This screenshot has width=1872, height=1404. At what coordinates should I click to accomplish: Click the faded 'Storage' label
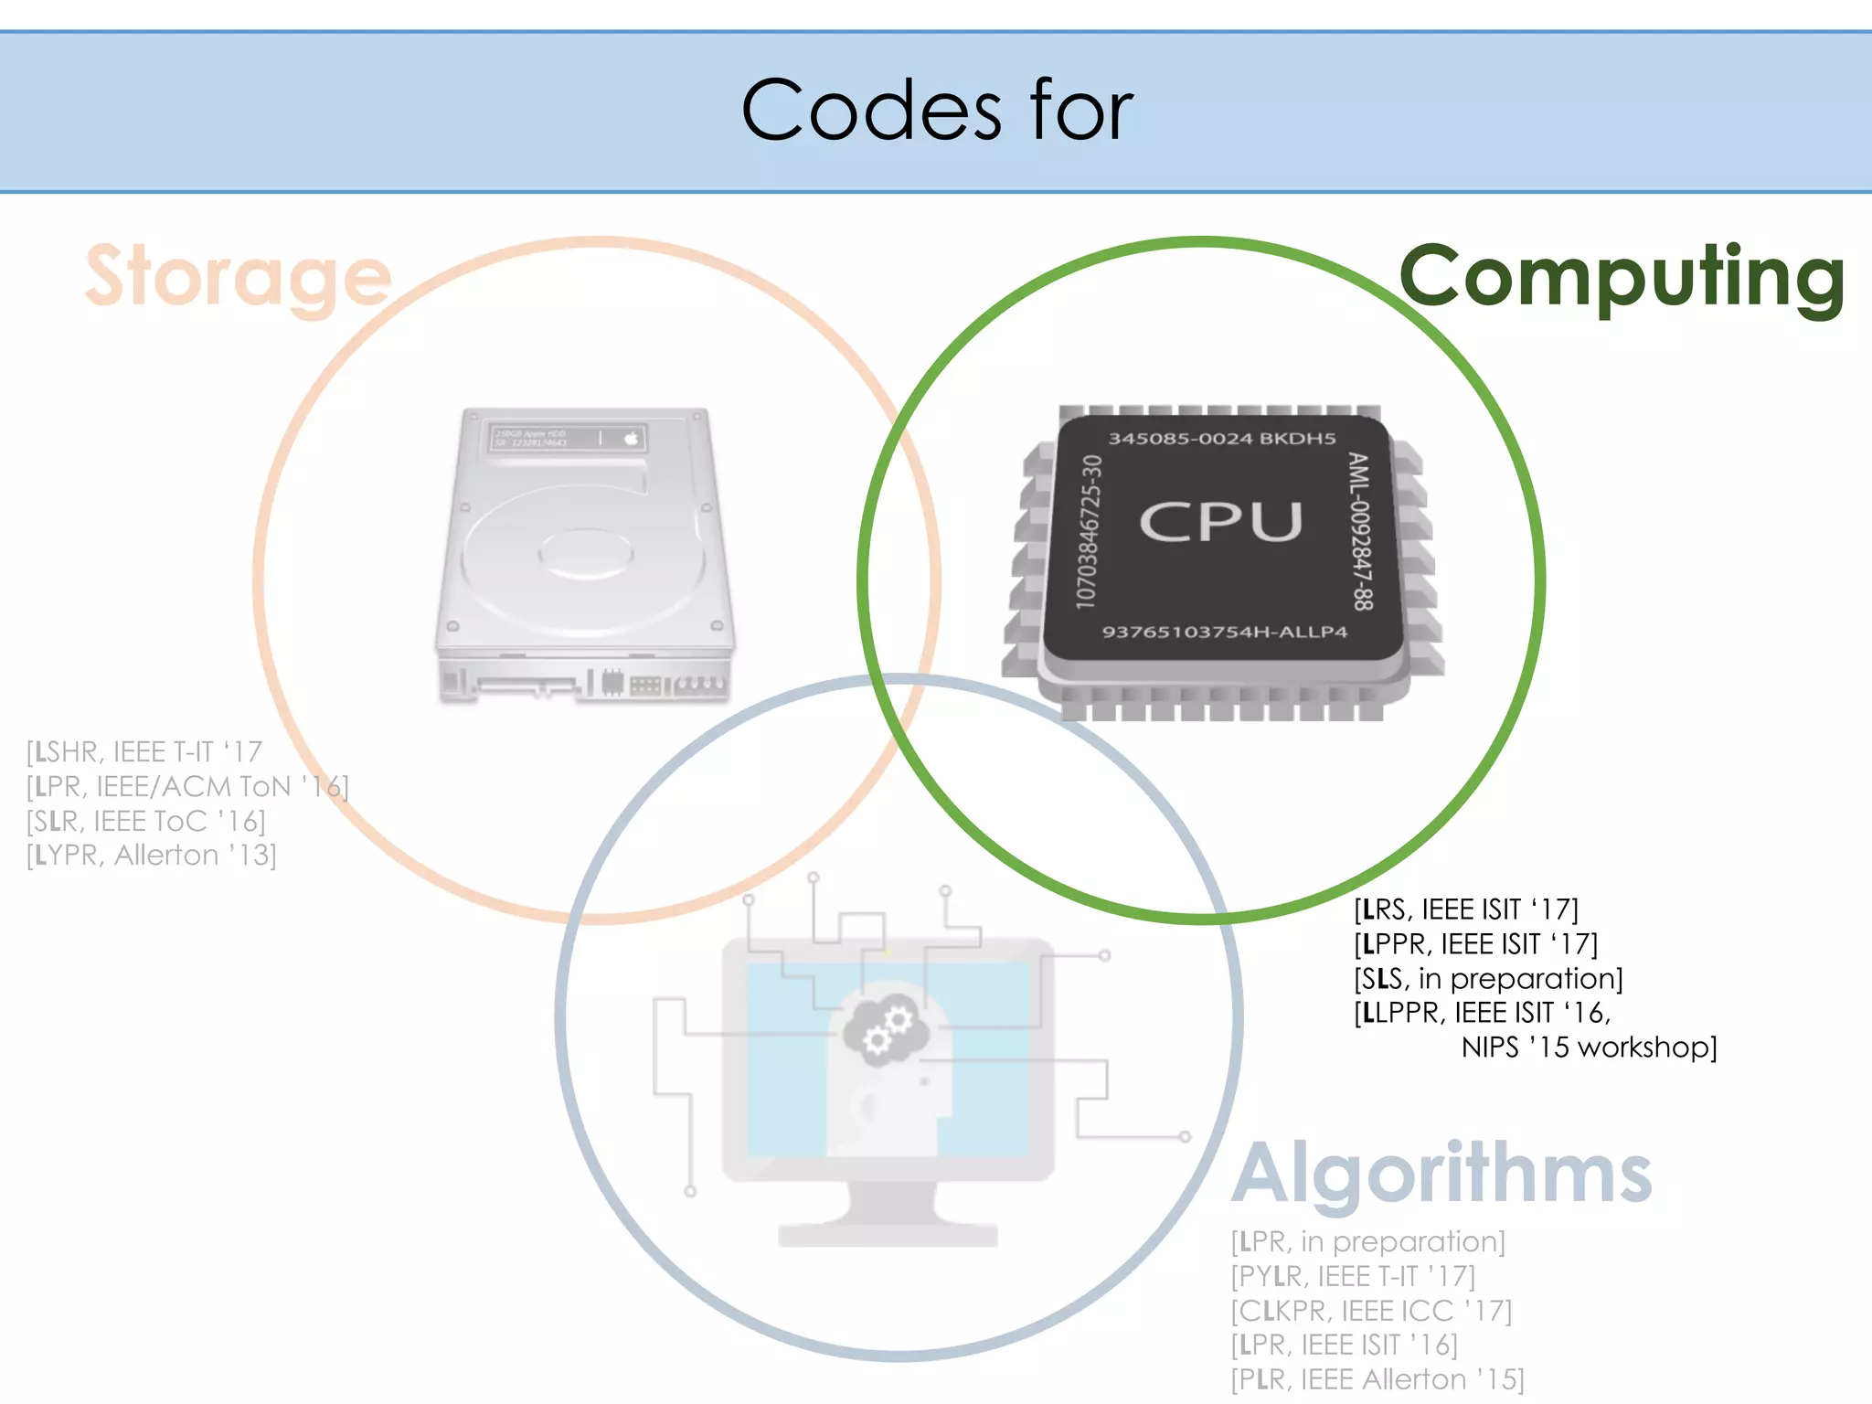238,277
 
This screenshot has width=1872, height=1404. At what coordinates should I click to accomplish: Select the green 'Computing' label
1622,277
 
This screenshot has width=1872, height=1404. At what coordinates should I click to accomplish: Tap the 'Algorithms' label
1441,1174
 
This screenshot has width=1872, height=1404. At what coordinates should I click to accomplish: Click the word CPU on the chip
1220,522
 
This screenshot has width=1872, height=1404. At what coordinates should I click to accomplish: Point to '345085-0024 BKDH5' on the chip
1222,439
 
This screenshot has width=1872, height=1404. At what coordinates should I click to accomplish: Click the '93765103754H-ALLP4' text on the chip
1224,632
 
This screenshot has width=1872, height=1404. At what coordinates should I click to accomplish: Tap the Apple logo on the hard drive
631,438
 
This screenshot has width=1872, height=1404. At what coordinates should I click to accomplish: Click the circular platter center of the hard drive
585,553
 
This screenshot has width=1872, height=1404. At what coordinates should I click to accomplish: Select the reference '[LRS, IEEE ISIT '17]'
1465,909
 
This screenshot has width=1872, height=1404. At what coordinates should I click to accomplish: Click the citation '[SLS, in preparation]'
1487,978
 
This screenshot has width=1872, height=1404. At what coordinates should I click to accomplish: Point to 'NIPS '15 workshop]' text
1589,1047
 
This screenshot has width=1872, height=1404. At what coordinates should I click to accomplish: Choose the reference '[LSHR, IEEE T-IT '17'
144,751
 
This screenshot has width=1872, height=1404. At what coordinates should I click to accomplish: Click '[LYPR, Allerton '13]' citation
152,856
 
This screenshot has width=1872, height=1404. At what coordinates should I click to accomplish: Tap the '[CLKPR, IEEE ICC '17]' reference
1371,1310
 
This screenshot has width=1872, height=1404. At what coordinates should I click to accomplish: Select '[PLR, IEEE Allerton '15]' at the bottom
1377,1379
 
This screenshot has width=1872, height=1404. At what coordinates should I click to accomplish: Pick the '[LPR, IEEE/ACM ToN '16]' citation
187,786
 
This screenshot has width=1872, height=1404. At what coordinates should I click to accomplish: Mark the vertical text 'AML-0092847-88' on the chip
1361,531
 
